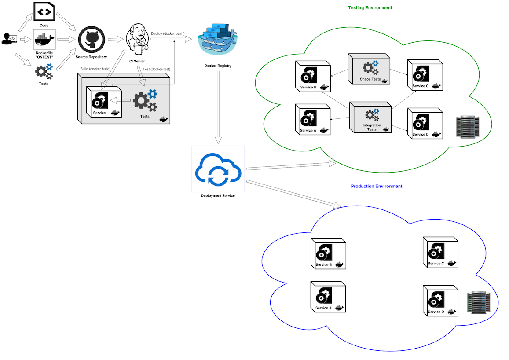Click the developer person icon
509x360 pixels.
point(9,39)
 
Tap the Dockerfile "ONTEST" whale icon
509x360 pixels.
point(44,40)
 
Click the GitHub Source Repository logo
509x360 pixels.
point(91,40)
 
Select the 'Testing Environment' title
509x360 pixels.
point(370,8)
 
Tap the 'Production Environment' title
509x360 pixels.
point(376,187)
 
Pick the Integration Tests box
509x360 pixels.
point(370,118)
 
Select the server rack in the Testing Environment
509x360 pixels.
point(466,127)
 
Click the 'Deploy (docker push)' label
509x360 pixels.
point(171,34)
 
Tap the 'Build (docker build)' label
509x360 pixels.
point(95,69)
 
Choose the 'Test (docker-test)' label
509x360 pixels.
point(156,69)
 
